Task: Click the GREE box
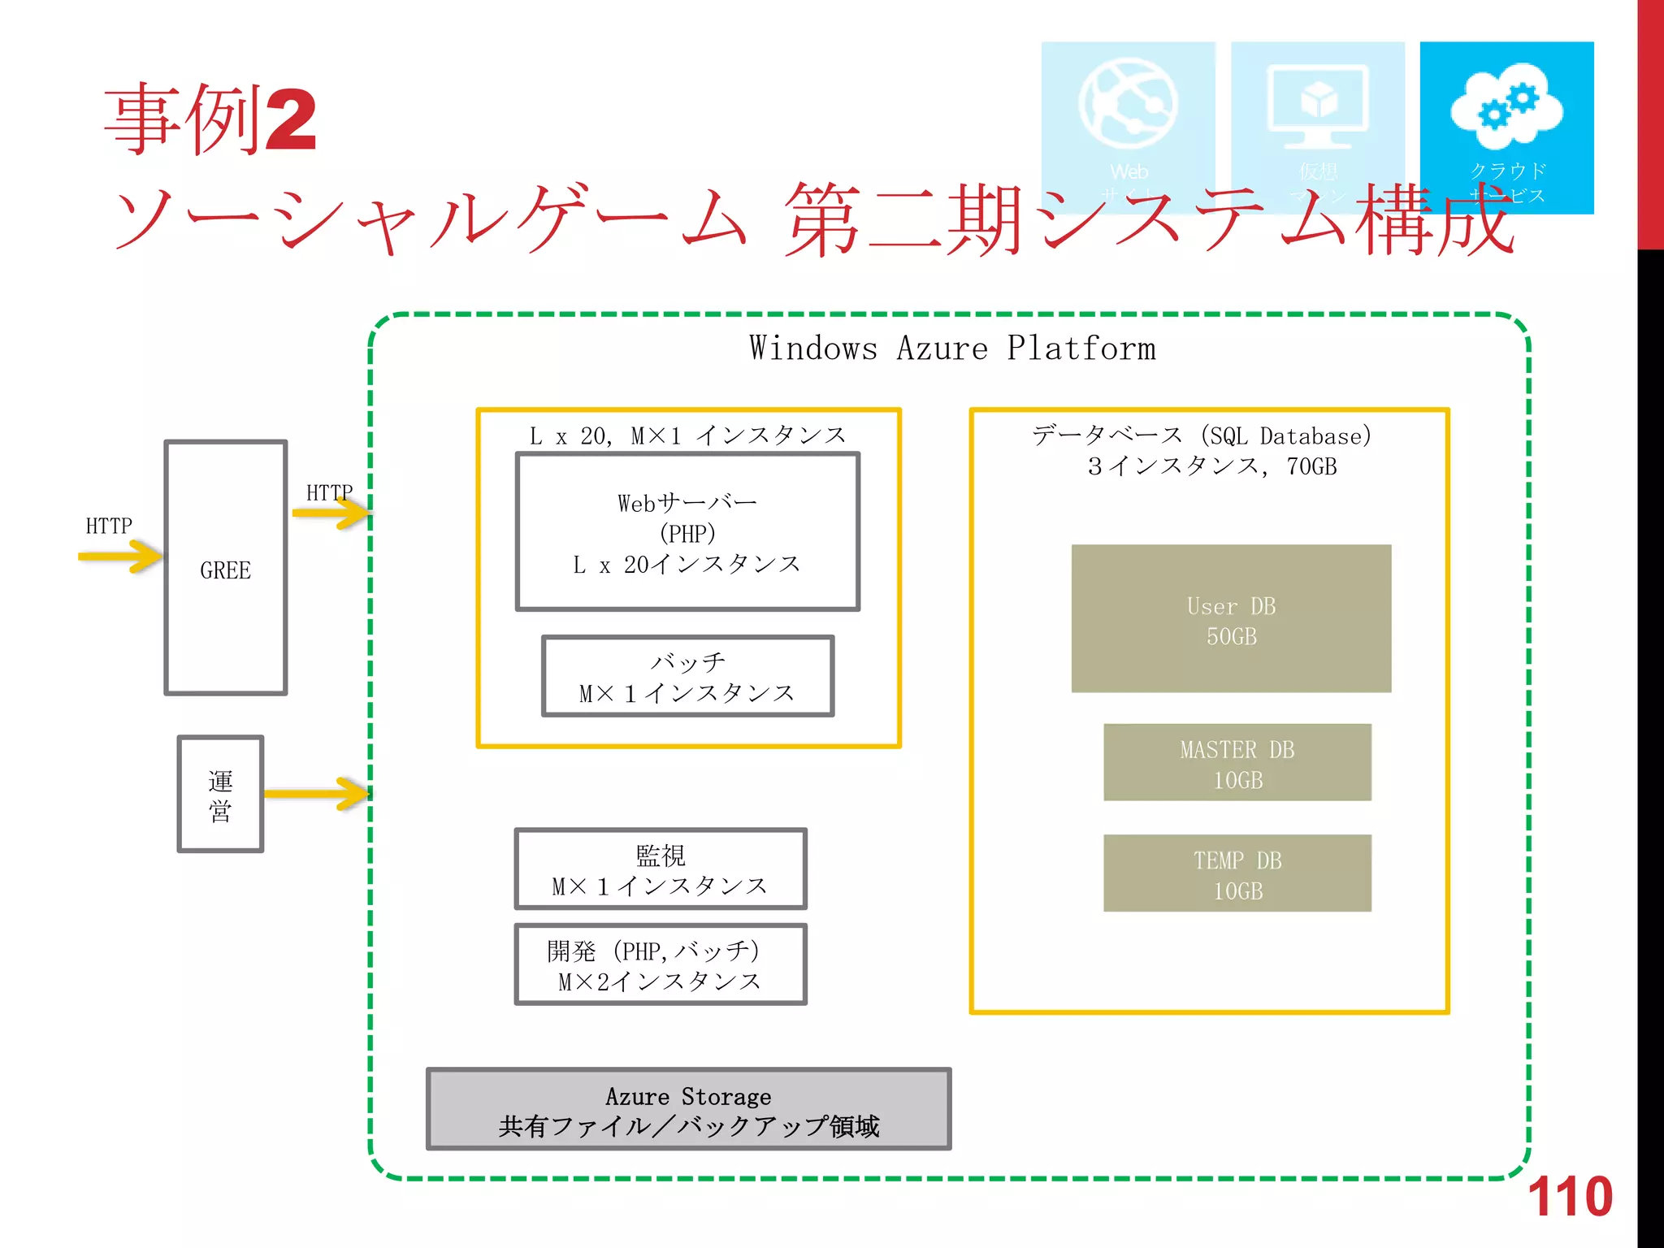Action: (226, 568)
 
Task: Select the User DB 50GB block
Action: (1231, 619)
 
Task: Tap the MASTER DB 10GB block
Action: (1237, 763)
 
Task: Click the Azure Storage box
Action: (689, 1110)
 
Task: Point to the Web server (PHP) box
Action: (687, 532)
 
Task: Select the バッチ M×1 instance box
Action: (687, 677)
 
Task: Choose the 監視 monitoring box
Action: (660, 869)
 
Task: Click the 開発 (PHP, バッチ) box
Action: (660, 965)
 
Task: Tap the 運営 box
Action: (220, 795)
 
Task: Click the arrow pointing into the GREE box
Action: (120, 557)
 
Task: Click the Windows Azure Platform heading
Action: (951, 349)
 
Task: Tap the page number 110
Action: (1570, 1197)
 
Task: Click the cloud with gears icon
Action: (1506, 106)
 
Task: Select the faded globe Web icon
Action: (1128, 104)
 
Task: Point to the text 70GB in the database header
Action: (1311, 466)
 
